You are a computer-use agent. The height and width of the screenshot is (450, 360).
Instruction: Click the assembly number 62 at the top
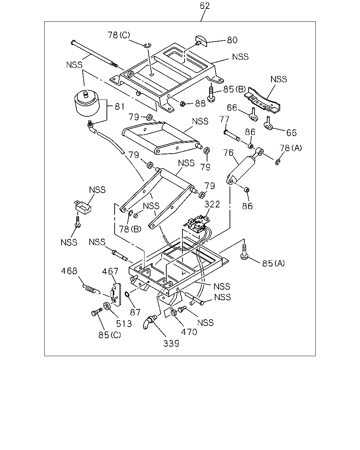coord(205,6)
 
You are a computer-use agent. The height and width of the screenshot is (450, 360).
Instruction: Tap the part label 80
coord(232,40)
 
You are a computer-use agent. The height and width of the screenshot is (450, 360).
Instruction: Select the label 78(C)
coord(118,35)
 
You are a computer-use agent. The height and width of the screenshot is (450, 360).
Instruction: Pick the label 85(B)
coord(234,89)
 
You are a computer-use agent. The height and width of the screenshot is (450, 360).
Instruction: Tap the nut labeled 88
coord(182,103)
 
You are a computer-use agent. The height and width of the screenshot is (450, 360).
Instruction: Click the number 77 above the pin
coord(224,120)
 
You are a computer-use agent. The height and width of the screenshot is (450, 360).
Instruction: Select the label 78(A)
coord(291,148)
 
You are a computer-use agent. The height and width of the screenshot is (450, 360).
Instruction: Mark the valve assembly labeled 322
coord(197,224)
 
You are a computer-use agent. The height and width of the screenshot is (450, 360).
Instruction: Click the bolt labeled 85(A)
coord(244,252)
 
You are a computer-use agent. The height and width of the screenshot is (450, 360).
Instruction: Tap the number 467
coord(110,271)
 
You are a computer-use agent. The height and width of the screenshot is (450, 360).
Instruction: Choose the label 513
coord(124,324)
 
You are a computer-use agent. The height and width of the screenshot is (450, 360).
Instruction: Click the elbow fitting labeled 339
coord(150,322)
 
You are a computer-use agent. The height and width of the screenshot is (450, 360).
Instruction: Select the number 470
coord(189,332)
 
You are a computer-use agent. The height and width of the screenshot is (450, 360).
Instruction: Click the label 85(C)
coord(110,335)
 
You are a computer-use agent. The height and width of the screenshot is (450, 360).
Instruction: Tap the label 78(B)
coord(130,229)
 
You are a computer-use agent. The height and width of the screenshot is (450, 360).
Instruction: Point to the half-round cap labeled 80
coord(201,41)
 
